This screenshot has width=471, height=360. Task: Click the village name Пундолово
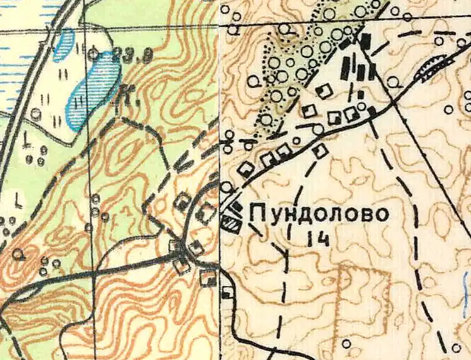pos(319,214)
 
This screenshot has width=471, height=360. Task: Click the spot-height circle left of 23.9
pos(94,54)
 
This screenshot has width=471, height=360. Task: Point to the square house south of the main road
pos(321,150)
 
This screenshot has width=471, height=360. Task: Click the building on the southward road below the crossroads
pos(227,292)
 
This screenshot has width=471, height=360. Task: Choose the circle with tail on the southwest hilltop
pos(20,254)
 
